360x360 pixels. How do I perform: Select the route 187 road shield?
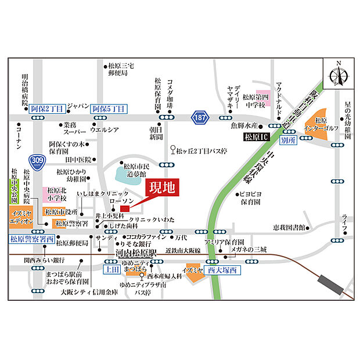coord(200,116)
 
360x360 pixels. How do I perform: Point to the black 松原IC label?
coord(257,138)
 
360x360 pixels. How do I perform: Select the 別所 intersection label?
coord(288,141)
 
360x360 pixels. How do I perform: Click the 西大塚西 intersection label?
coord(223,270)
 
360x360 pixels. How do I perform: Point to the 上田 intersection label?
coord(111,269)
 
